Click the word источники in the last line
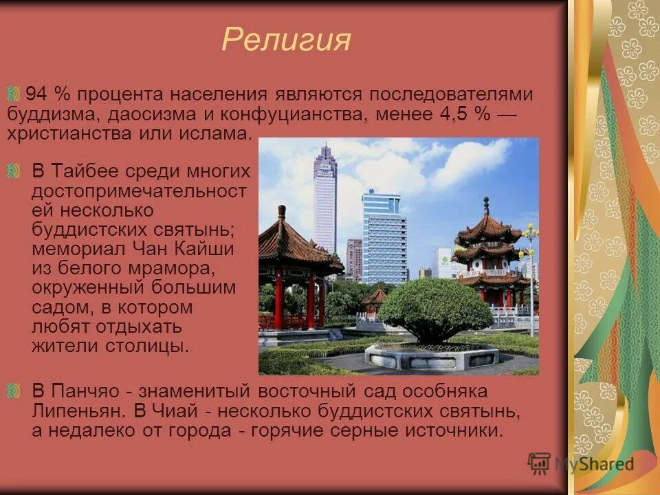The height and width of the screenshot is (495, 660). pyautogui.click(x=454, y=431)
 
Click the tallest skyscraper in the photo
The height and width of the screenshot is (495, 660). pyautogui.click(x=324, y=199)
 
